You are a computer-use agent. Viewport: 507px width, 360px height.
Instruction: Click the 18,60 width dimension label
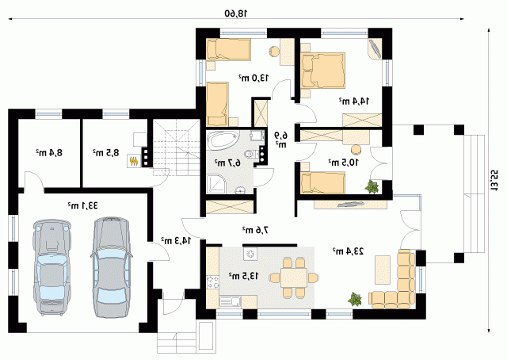tap(236, 13)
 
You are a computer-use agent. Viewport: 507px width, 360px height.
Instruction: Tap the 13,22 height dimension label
tap(494, 180)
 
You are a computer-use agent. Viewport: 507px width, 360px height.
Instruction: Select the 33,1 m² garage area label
tap(82, 205)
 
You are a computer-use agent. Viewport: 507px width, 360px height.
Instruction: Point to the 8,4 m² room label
tap(49, 152)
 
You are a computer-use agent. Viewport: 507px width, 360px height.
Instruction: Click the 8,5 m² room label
tap(106, 152)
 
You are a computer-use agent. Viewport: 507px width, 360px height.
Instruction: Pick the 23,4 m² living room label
tap(348, 251)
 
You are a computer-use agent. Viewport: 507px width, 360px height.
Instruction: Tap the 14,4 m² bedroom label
tap(354, 101)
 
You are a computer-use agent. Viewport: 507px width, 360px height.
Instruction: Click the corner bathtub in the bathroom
tap(223, 140)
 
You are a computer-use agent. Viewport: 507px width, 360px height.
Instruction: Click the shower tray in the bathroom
tap(217, 184)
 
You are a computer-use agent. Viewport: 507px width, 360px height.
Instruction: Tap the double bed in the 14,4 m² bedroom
tap(322, 71)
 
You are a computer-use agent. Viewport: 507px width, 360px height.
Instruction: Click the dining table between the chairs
tap(294, 278)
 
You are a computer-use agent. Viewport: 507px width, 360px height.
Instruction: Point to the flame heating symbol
tap(133, 161)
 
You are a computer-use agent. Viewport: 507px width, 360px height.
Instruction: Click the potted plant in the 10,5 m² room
tap(372, 187)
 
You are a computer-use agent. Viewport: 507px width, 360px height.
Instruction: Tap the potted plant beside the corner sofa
tap(355, 299)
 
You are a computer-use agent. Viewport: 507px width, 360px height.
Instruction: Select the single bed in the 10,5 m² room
tap(322, 182)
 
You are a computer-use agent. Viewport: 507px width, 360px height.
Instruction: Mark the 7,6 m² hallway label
tap(255, 230)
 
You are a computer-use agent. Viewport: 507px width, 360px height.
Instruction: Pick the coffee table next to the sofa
tap(383, 270)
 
